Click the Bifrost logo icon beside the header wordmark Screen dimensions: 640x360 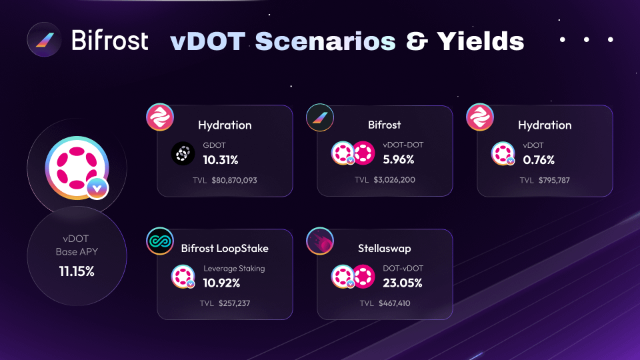(x=44, y=39)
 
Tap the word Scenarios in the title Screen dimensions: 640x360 (x=325, y=41)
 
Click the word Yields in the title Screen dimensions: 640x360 (x=481, y=41)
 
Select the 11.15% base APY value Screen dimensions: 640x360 (x=77, y=271)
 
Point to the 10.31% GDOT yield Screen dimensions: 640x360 (x=221, y=159)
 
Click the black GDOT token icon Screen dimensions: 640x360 (x=183, y=153)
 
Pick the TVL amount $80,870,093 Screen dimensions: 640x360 (x=234, y=180)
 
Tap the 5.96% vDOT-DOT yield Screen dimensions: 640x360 (x=399, y=159)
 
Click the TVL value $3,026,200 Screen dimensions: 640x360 (x=394, y=179)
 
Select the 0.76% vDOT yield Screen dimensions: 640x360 (x=539, y=159)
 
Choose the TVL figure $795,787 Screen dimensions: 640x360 (x=554, y=180)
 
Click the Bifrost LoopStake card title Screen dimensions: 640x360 (x=225, y=248)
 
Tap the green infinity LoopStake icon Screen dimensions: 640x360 (x=160, y=241)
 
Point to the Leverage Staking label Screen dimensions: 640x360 (x=234, y=269)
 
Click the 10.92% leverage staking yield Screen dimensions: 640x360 (x=221, y=283)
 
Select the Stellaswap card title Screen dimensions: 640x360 (x=385, y=248)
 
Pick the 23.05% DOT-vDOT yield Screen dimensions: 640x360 (x=403, y=283)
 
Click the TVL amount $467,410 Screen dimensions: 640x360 (x=394, y=303)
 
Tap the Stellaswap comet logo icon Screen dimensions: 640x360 (x=320, y=241)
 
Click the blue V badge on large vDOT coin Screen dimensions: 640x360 (x=97, y=188)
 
